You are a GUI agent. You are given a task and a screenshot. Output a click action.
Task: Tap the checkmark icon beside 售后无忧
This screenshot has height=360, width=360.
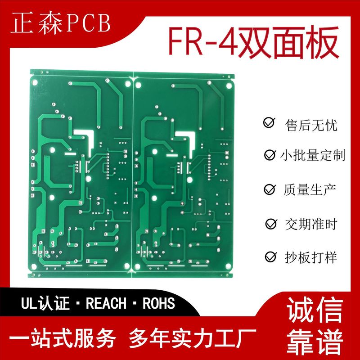[269, 123]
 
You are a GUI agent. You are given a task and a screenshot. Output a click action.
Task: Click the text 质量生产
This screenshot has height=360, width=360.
[311, 189]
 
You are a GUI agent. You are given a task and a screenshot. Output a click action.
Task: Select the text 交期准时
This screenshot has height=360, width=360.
[311, 223]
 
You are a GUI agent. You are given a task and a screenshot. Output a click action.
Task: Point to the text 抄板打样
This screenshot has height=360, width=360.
[311, 257]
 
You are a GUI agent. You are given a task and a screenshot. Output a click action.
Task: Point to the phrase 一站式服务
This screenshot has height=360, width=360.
[66, 338]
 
